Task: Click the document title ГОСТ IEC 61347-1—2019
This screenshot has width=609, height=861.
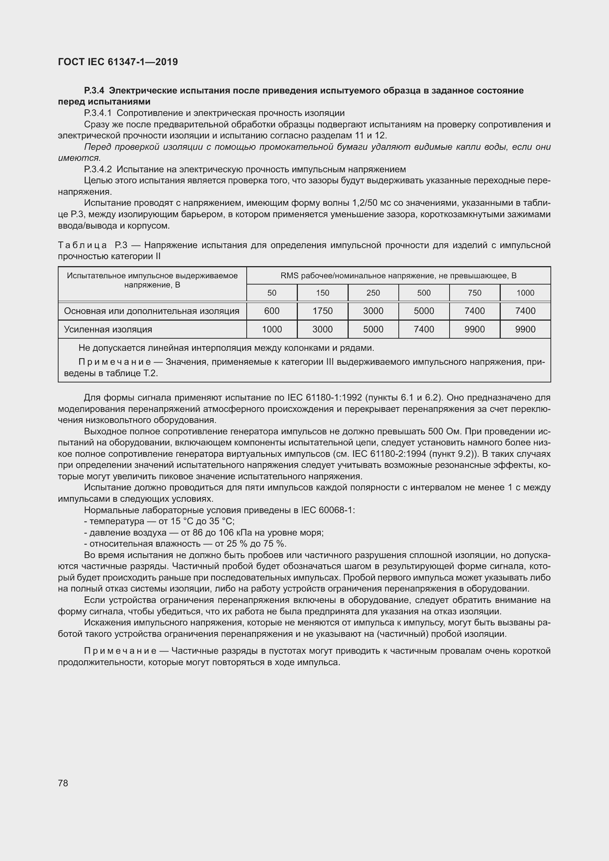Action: coord(118,62)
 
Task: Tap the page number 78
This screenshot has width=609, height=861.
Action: coord(63,783)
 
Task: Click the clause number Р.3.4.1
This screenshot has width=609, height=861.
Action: coord(98,113)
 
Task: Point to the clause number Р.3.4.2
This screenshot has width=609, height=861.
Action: coord(98,169)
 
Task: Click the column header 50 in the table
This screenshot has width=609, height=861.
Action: coord(271,293)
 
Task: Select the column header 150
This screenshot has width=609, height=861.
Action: coord(322,293)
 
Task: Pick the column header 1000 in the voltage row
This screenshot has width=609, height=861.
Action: coord(525,293)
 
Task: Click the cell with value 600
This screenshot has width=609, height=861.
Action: coord(271,311)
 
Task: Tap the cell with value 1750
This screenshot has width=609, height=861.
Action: coord(322,311)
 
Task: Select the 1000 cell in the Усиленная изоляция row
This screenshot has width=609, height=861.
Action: coord(271,329)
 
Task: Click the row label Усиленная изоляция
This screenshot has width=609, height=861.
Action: coord(108,329)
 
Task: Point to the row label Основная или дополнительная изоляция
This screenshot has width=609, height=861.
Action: coord(151,311)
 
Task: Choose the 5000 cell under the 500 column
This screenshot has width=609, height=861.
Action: coord(424,311)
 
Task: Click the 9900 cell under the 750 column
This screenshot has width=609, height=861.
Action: coord(474,329)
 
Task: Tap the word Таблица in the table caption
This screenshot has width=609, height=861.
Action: coord(82,245)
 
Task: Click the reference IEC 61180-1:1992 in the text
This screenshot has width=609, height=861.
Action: coord(324,397)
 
